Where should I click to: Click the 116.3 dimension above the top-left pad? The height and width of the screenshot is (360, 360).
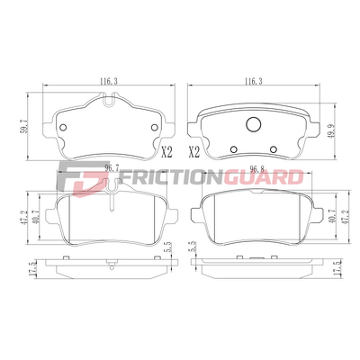[x=109, y=81]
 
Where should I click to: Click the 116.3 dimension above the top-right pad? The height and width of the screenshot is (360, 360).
[x=254, y=81]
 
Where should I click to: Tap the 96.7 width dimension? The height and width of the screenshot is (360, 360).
[x=112, y=168]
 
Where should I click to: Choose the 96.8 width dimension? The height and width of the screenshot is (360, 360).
[x=256, y=169]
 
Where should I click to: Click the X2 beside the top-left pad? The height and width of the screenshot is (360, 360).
[x=167, y=152]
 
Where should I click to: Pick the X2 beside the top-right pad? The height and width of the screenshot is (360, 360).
[x=193, y=152]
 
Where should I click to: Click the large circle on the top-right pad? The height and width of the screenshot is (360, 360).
[x=254, y=124]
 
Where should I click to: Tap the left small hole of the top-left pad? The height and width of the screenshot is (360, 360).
[x=63, y=128]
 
